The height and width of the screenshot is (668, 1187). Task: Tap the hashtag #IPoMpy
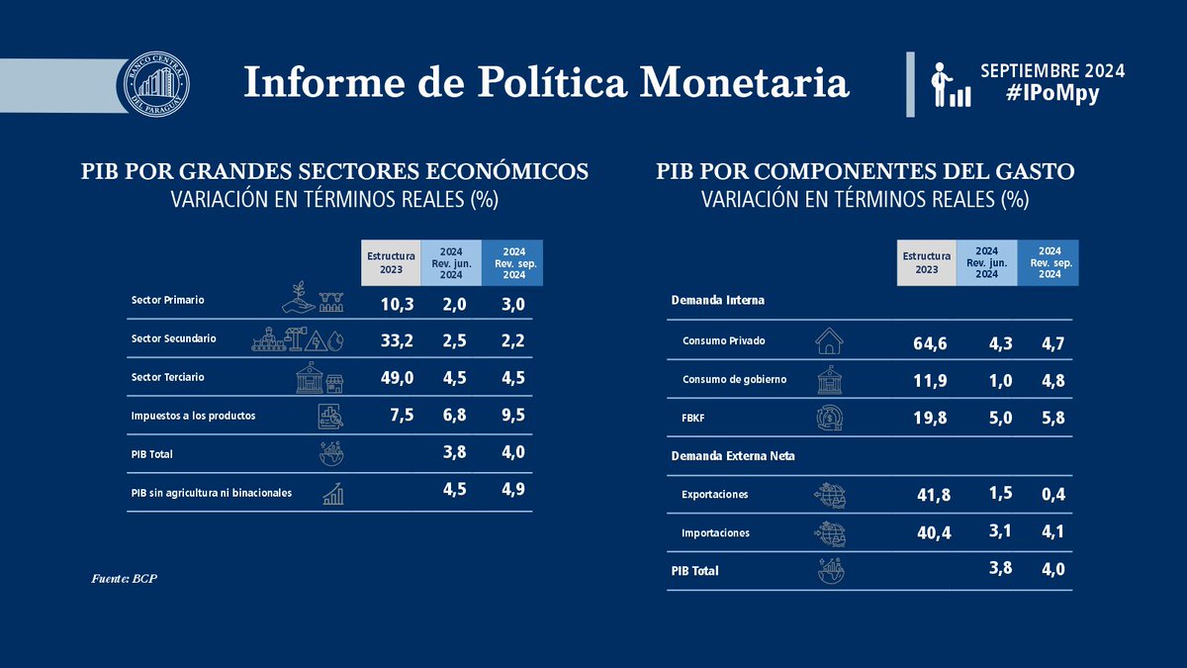1051,94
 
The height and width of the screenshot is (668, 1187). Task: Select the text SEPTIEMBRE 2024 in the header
1051,71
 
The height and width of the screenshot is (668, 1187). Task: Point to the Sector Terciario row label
167,378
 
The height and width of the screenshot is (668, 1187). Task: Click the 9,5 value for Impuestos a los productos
509,416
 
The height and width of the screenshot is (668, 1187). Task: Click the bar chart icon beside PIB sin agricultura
333,493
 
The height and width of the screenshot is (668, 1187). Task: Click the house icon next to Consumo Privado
829,341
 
